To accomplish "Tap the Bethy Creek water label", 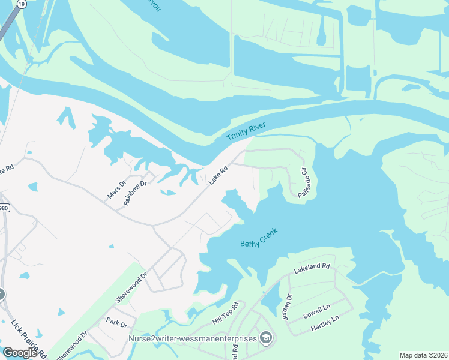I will (261, 239).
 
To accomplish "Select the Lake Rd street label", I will (218, 176).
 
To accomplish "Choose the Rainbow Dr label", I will (135, 193).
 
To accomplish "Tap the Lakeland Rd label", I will (312, 269).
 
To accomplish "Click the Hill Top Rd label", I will (226, 313).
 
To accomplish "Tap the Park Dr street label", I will (116, 325).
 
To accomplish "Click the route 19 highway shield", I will (22, 4).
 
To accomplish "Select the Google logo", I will (20, 353).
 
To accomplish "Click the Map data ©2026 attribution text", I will (423, 355).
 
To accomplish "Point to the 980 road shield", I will (3, 208).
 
